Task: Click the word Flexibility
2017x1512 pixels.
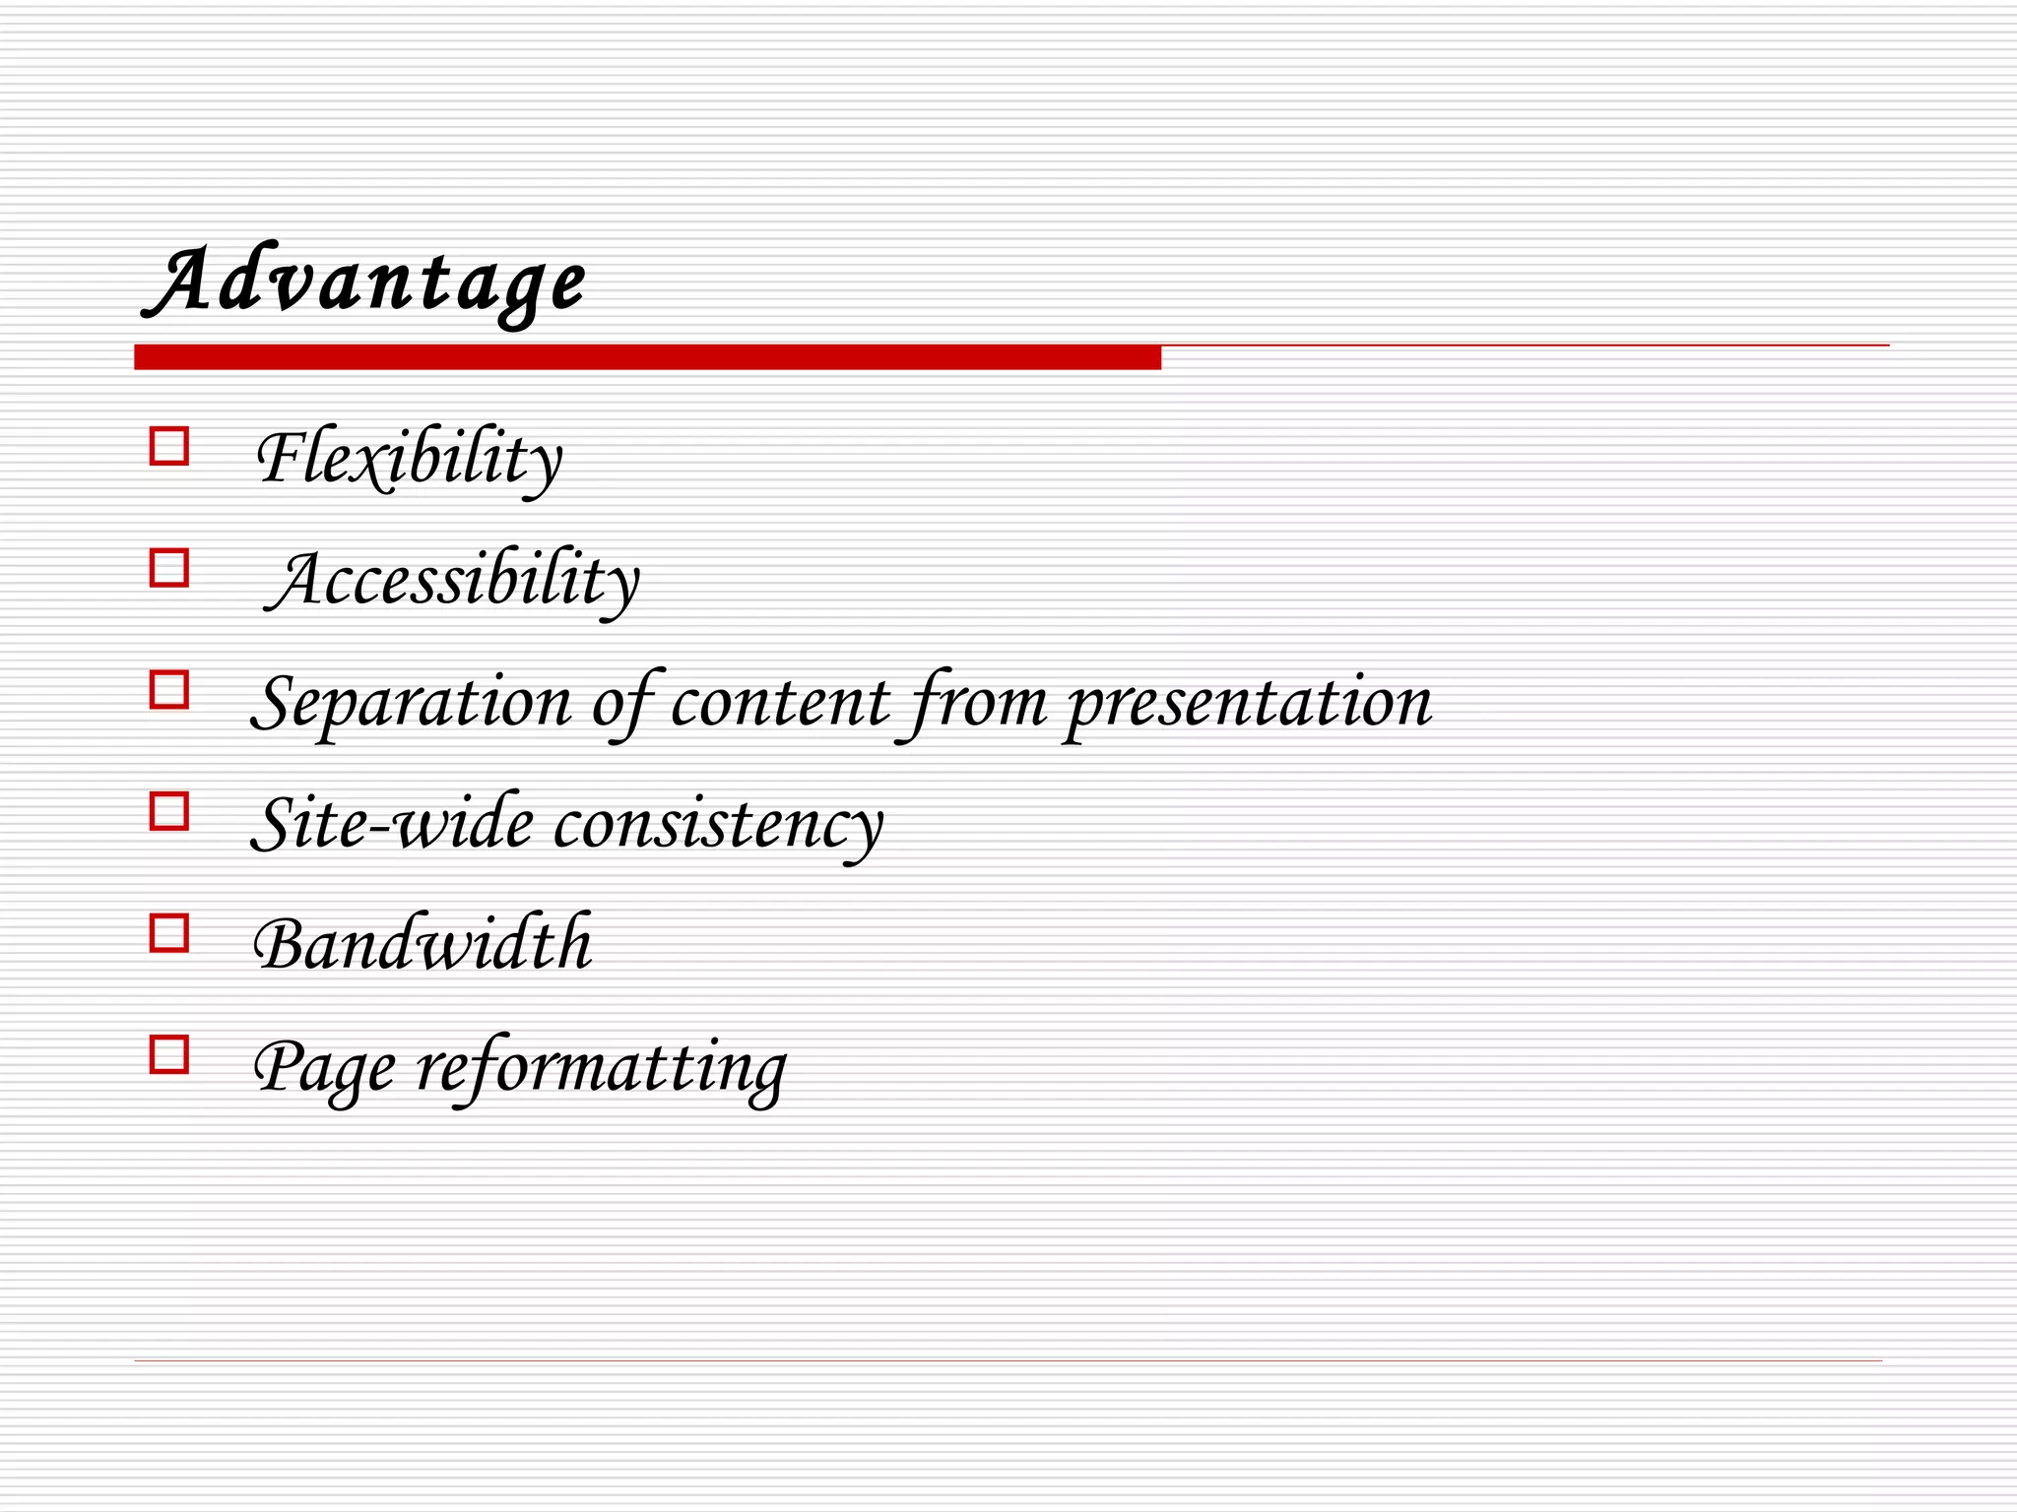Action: (x=409, y=459)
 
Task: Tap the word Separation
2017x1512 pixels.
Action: (x=412, y=704)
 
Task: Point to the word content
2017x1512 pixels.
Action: (x=780, y=703)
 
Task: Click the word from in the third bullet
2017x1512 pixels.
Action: (x=978, y=703)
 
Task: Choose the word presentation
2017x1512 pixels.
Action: (x=1249, y=704)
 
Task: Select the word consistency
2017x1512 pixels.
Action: (x=718, y=825)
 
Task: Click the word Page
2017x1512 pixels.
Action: (x=324, y=1069)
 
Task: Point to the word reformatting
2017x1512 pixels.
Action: (x=601, y=1069)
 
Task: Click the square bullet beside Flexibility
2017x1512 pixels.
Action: (x=169, y=446)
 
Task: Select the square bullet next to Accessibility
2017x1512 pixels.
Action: (x=169, y=568)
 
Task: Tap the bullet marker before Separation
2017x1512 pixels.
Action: (x=169, y=690)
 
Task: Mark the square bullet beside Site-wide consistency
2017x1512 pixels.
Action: (x=169, y=812)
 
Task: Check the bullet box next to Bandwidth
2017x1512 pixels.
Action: (x=169, y=933)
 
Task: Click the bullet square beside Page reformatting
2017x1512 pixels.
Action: (x=169, y=1055)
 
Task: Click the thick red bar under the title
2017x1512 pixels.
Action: (x=647, y=357)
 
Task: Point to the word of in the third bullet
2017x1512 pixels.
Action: (x=622, y=703)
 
